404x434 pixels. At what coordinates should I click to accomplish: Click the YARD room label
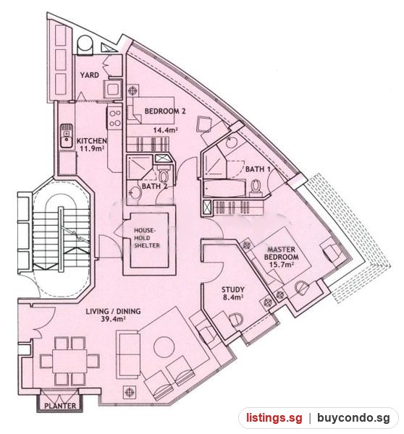click(90, 75)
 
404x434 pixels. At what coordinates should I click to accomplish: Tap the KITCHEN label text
click(92, 141)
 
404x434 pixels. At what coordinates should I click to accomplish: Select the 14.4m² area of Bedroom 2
click(165, 129)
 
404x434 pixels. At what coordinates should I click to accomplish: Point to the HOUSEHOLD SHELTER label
click(147, 238)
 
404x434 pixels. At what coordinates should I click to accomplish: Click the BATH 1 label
click(258, 169)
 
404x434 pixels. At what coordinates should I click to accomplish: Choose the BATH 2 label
click(154, 187)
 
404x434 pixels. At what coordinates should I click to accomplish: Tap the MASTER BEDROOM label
click(281, 253)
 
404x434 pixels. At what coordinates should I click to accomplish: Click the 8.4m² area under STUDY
click(232, 297)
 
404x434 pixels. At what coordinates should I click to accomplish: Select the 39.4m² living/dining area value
click(114, 319)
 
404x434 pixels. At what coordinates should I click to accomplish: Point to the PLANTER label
click(60, 406)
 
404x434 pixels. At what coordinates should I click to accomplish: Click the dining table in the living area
click(70, 361)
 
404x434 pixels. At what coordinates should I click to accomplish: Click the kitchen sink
click(66, 136)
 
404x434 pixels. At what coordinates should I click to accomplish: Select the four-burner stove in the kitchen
click(114, 118)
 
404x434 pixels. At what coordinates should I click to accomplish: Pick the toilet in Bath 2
click(164, 176)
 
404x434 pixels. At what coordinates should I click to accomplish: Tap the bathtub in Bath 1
click(224, 188)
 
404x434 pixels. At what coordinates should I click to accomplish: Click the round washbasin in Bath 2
click(135, 192)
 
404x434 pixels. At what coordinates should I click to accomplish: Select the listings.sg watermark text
click(274, 417)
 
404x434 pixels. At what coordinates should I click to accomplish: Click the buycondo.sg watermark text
click(353, 417)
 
